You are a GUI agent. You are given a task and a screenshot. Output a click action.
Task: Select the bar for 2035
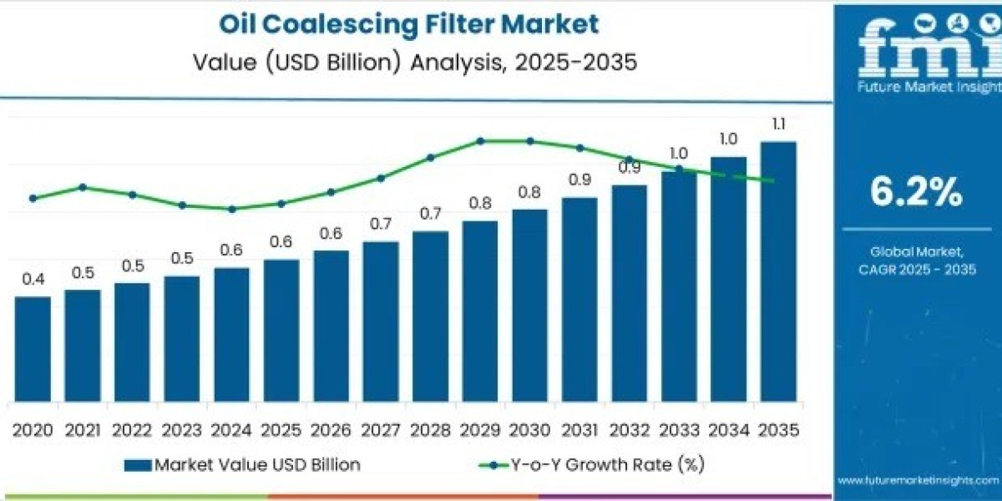777,271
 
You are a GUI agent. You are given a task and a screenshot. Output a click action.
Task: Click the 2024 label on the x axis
231,430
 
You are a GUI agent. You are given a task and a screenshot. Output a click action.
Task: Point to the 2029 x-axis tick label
480,430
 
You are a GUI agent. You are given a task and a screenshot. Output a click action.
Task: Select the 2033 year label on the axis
679,430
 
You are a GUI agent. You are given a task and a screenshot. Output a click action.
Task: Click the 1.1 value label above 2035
778,124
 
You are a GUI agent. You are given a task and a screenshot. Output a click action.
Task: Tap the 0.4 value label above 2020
33,279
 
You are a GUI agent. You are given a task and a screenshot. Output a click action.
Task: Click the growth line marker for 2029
480,141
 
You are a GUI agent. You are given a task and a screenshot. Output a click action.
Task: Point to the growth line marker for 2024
231,209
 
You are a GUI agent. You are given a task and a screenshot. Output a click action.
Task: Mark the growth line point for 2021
83,187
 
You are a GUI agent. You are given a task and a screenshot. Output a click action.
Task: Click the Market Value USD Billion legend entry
242,464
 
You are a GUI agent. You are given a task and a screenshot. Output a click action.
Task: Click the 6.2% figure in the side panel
916,193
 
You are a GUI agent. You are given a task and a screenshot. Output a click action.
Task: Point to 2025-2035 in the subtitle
572,63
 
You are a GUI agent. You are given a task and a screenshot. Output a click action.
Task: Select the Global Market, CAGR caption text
916,260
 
